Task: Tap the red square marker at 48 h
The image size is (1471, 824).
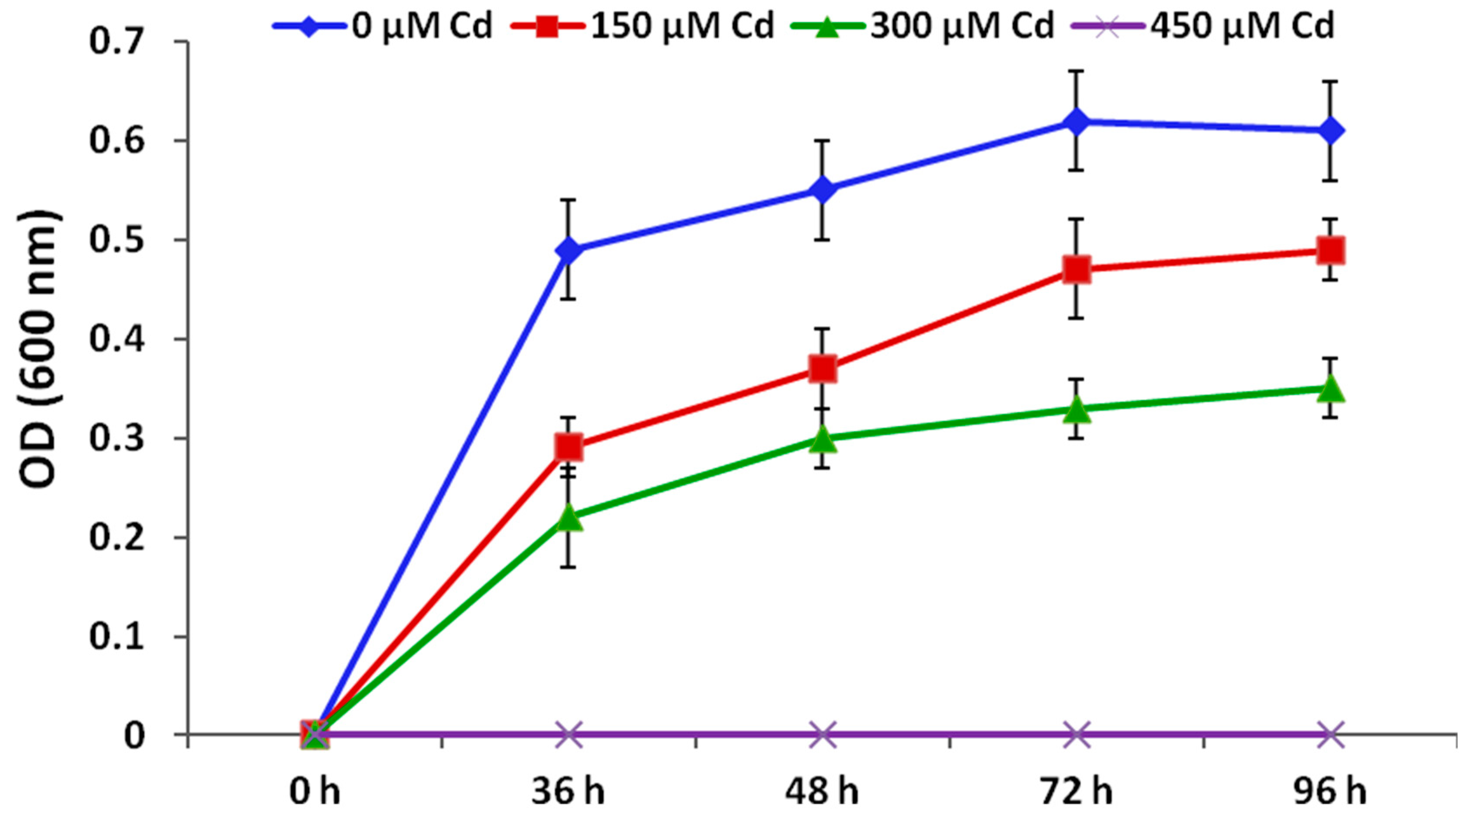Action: pyautogui.click(x=823, y=368)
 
